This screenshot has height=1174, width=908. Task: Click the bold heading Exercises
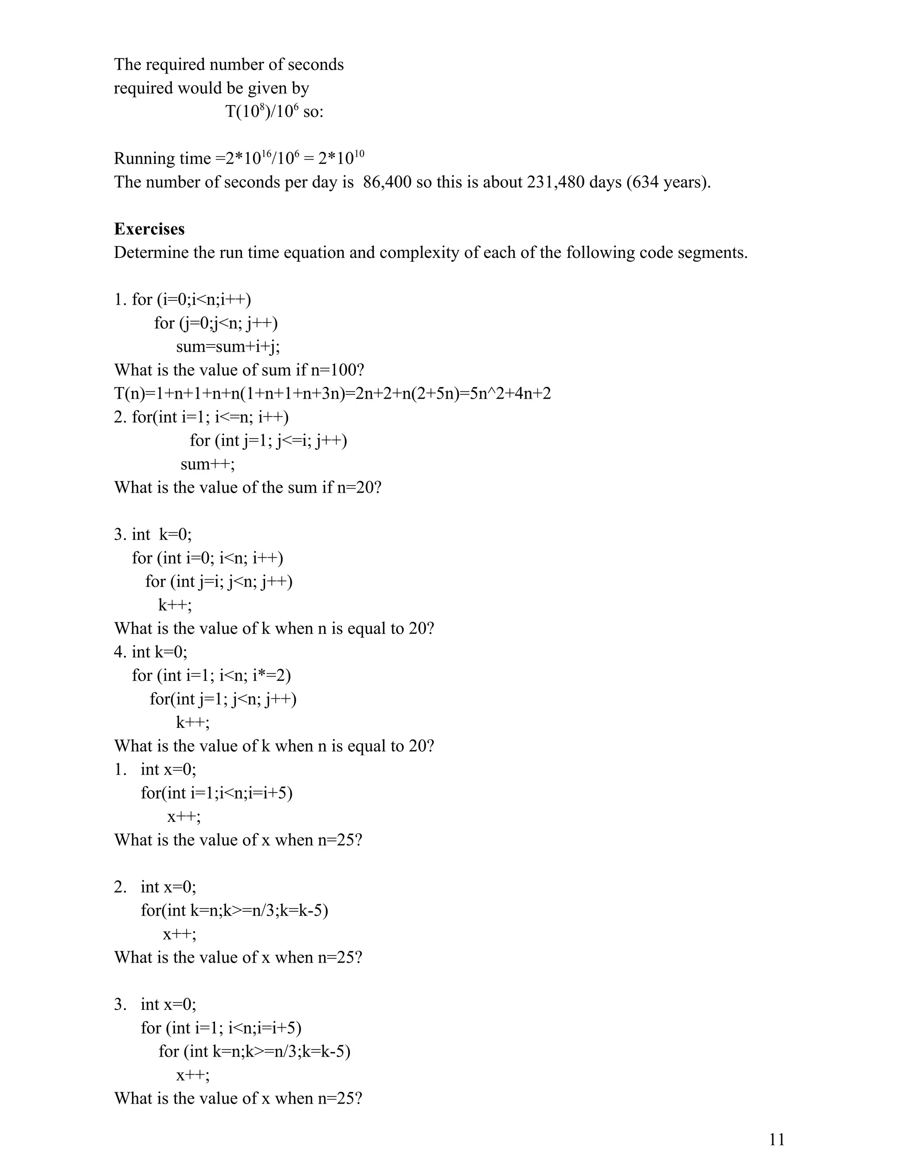click(149, 229)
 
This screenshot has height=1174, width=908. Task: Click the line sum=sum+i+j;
click(228, 347)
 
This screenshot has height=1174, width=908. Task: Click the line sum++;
click(207, 464)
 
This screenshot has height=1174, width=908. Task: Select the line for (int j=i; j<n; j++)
click(219, 581)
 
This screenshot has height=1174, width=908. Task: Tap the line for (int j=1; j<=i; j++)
click(268, 440)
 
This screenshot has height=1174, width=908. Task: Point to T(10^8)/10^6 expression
click(264, 112)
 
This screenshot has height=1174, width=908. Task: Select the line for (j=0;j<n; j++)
click(216, 323)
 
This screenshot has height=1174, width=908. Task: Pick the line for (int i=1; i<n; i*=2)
click(211, 675)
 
